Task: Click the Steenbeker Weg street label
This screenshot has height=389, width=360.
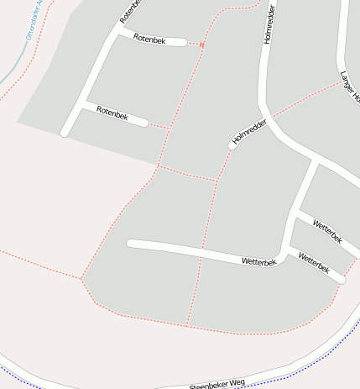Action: coord(217,384)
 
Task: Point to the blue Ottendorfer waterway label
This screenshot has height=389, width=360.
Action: coord(39,20)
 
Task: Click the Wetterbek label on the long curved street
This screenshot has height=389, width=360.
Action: coord(258,261)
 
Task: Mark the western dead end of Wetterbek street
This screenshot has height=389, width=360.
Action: coord(130,244)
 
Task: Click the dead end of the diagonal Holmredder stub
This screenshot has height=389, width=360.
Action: coord(232,145)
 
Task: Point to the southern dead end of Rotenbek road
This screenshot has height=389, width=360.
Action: coord(65,133)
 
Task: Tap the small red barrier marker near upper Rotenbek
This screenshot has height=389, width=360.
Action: coord(201,44)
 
